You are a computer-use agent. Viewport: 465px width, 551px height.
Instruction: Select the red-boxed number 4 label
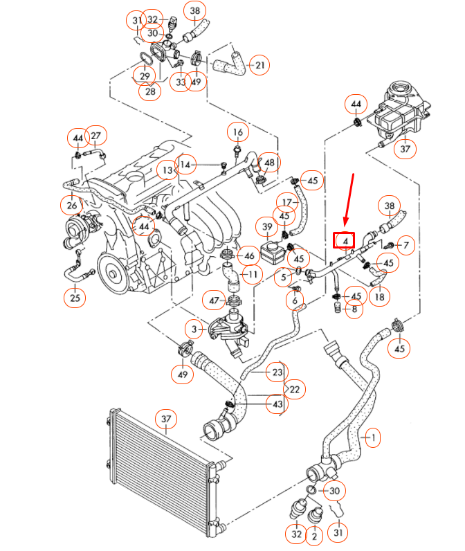point(344,240)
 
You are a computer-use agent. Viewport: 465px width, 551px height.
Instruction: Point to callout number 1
point(372,437)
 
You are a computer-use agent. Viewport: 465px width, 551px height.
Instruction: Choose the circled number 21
point(259,66)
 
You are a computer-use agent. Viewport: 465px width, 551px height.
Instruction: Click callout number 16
point(237,132)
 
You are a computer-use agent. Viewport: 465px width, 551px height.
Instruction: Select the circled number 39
point(266,227)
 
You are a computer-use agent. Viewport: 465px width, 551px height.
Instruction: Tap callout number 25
point(75,298)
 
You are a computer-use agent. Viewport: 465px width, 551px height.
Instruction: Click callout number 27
point(95,135)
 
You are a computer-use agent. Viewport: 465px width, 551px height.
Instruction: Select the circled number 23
point(277,372)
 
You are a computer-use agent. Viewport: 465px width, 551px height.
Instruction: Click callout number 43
point(277,404)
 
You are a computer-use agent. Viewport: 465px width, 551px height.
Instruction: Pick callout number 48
point(269,163)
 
